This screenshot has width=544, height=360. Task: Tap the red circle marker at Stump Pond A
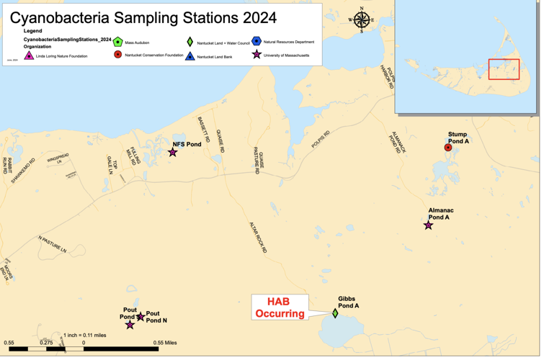tap(447, 148)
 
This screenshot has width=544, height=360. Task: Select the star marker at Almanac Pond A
tap(428, 225)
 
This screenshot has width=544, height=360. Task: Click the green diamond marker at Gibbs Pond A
tap(335, 313)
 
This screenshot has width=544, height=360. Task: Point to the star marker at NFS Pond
tap(173, 152)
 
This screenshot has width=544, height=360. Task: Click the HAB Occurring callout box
tap(280, 308)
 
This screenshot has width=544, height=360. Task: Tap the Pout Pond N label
tap(156, 317)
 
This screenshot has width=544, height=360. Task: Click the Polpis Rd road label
tap(321, 139)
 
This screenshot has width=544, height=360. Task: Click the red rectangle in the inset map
tap(504, 69)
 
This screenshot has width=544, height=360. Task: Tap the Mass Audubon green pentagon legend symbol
tap(117, 42)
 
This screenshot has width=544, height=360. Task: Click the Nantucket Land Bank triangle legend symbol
tap(189, 55)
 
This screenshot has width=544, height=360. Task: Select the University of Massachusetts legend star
tap(257, 55)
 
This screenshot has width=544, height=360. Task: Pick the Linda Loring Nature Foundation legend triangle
tap(30, 55)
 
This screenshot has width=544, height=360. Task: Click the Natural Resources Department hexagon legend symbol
tap(257, 42)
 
